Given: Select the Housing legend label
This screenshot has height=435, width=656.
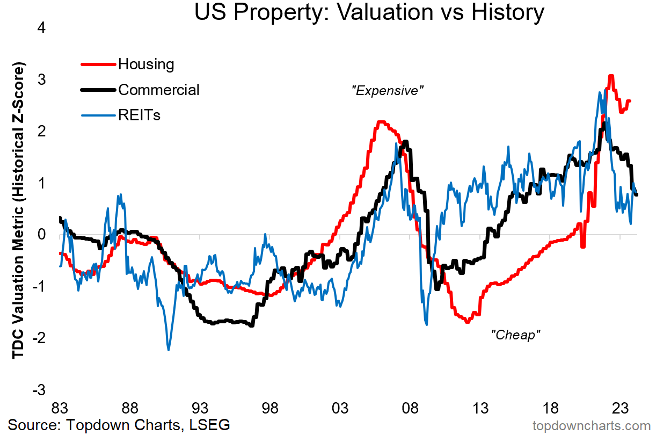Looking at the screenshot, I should pyautogui.click(x=146, y=64).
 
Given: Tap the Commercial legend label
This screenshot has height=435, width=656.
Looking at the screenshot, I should pyautogui.click(x=158, y=90).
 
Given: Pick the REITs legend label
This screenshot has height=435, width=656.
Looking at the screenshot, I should pyautogui.click(x=139, y=115).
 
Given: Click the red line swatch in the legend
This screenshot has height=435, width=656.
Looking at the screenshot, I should pyautogui.click(x=98, y=64).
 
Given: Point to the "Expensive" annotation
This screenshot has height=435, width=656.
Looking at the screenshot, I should pyautogui.click(x=387, y=91).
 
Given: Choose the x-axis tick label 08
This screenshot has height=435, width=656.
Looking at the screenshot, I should pyautogui.click(x=410, y=407).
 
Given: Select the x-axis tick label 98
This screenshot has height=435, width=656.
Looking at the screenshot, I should pyautogui.click(x=270, y=407).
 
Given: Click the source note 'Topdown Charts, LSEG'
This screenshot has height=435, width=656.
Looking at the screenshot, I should pyautogui.click(x=119, y=425).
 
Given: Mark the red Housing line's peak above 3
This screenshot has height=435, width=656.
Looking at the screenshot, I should pyautogui.click(x=610, y=76).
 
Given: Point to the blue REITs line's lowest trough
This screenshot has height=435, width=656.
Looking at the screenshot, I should pyautogui.click(x=169, y=350).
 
